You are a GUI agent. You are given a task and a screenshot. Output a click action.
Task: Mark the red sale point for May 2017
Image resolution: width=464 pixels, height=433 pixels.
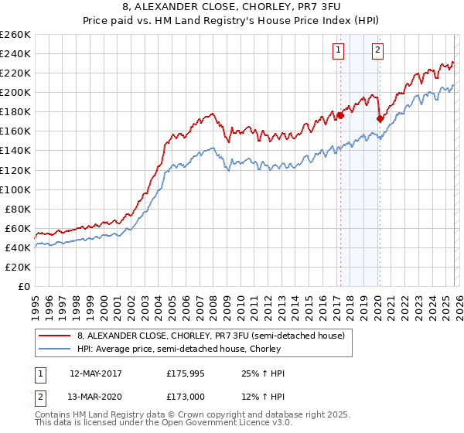click(339, 115)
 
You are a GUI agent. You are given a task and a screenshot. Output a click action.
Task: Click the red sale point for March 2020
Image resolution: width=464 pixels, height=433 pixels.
click(380, 118)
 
